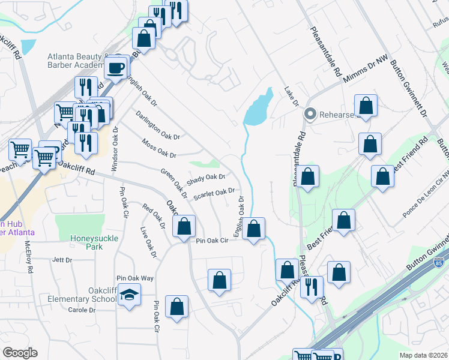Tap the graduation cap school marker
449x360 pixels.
click(129, 296)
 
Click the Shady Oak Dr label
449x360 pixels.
click(205, 179)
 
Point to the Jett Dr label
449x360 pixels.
click(62, 260)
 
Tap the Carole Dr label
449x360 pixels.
click(82, 310)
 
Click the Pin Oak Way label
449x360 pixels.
click(135, 278)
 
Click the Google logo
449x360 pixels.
click(19, 353)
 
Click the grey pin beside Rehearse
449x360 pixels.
click(310, 113)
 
